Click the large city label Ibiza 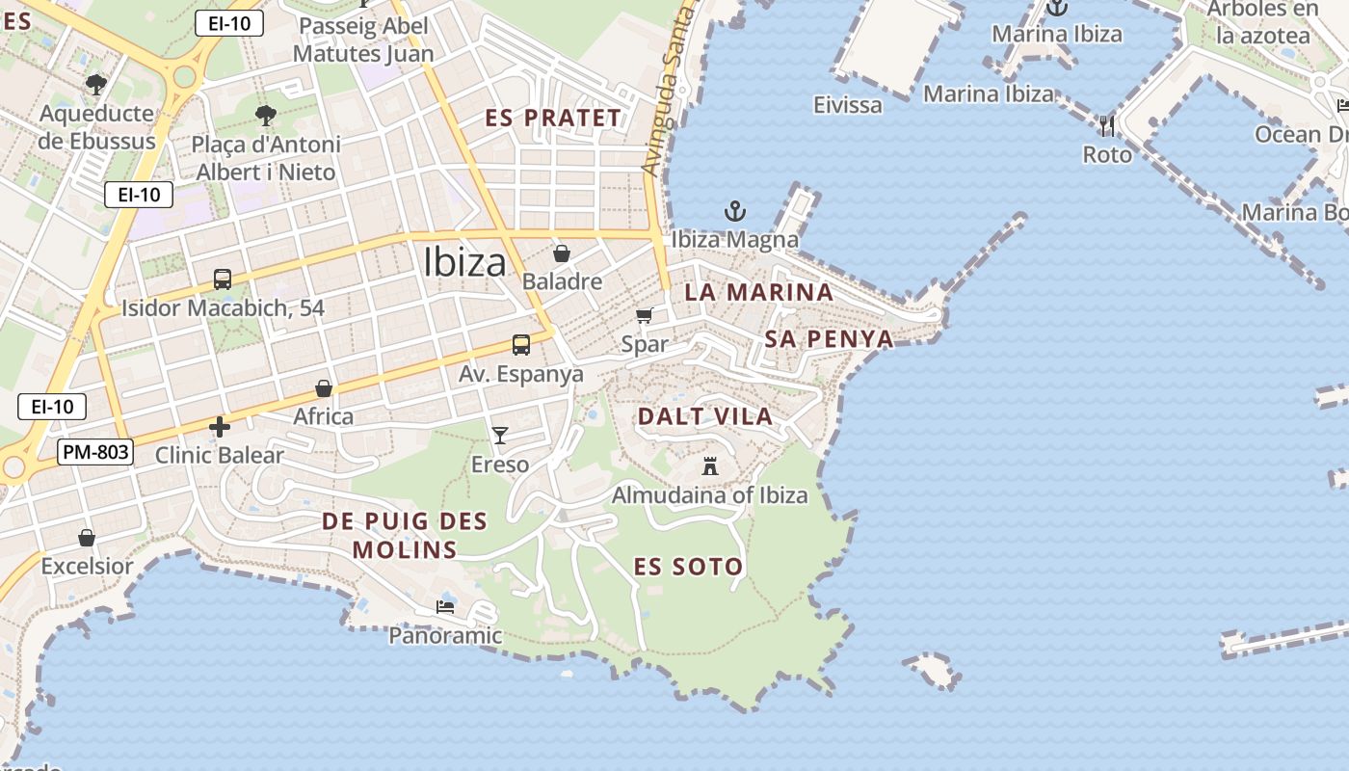coord(464,262)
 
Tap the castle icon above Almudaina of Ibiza coord(710,467)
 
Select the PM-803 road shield coord(94,451)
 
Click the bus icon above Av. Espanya coord(520,345)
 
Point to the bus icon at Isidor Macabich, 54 coord(223,279)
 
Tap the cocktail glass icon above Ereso coord(499,436)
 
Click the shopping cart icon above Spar coord(645,315)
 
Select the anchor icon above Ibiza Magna coord(735,210)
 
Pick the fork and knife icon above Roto coord(1107,125)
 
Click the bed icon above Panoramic coord(445,607)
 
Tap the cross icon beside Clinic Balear coord(220,427)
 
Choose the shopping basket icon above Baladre coord(562,253)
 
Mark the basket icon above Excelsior coord(87,538)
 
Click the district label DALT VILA coord(705,416)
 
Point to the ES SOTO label coord(688,567)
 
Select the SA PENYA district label coord(829,338)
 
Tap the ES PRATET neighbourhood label coord(553,119)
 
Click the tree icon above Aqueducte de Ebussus coord(95,85)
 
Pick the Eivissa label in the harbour coord(847,104)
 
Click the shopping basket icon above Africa coord(324,388)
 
